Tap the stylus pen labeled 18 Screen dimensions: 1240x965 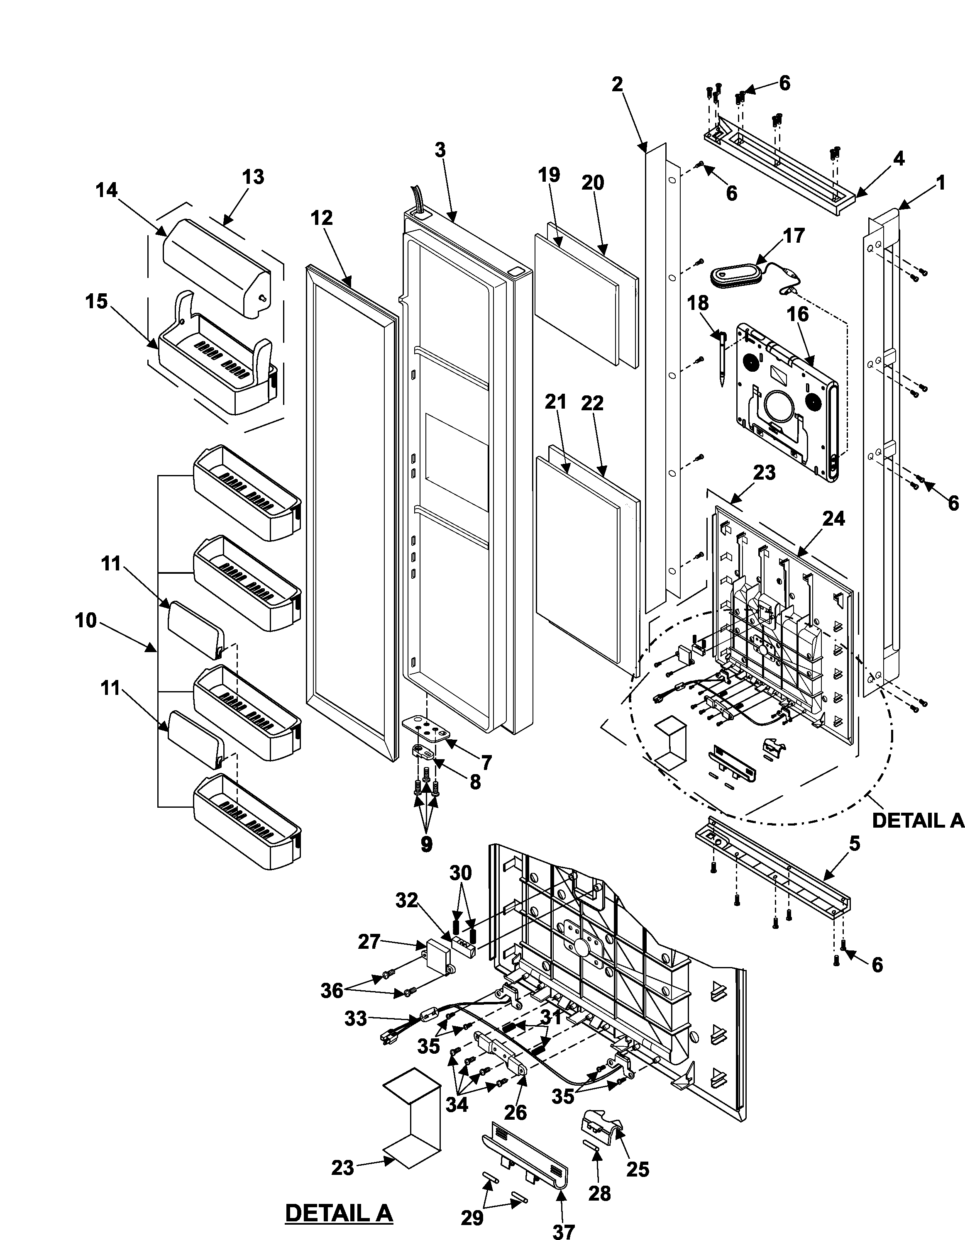coord(722,358)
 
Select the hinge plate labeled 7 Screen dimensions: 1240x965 coord(427,728)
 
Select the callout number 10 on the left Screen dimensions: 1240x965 coord(86,621)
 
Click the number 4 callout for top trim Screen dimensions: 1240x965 coord(899,158)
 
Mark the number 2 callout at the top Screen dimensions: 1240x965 coord(618,85)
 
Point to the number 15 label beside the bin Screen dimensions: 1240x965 coord(97,302)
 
